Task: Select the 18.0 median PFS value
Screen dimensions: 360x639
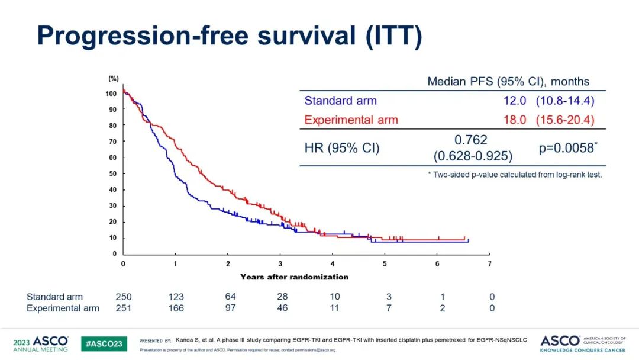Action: pyautogui.click(x=514, y=120)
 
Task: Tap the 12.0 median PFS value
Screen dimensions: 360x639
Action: pyautogui.click(x=514, y=101)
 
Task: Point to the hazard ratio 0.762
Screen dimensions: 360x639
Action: pyautogui.click(x=471, y=140)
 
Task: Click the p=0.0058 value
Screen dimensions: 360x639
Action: pyautogui.click(x=566, y=148)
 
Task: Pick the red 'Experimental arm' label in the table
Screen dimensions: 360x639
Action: pyautogui.click(x=351, y=120)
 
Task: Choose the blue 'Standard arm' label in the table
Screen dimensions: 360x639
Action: pyautogui.click(x=340, y=101)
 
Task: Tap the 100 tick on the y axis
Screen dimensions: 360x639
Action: pyautogui.click(x=111, y=94)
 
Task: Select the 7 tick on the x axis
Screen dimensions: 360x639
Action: pyautogui.click(x=489, y=263)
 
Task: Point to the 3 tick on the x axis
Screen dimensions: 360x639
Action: pyautogui.click(x=280, y=263)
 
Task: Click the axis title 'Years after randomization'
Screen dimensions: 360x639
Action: pyautogui.click(x=294, y=277)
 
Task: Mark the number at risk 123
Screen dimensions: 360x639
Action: pyautogui.click(x=176, y=297)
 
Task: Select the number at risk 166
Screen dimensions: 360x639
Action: pyautogui.click(x=176, y=308)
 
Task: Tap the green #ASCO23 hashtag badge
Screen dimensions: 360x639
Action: pyautogui.click(x=104, y=344)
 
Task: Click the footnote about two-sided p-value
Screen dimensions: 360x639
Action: pyautogui.click(x=514, y=175)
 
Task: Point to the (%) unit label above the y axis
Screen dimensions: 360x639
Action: pyautogui.click(x=113, y=79)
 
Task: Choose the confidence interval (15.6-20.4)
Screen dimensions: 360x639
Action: pyautogui.click(x=565, y=120)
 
